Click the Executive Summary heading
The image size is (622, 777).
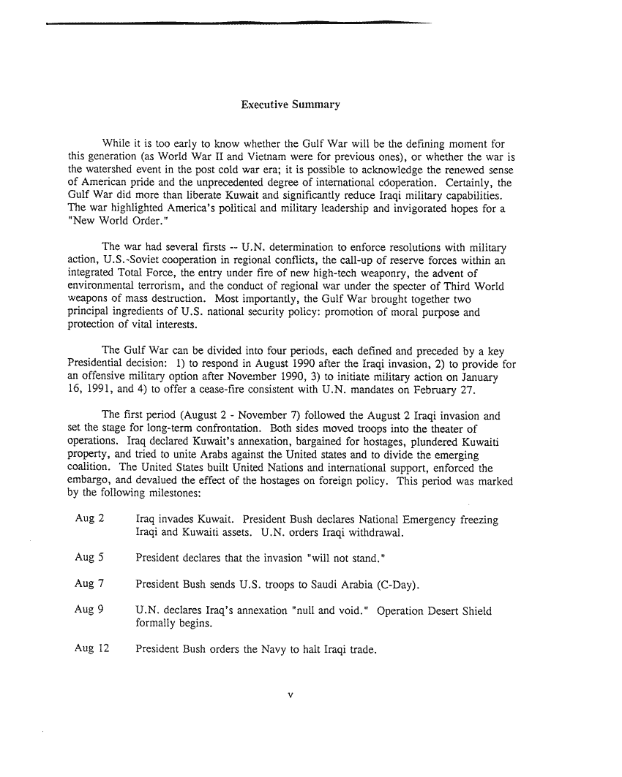tap(291, 105)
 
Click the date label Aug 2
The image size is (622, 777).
tap(89, 520)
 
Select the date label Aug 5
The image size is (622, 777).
tap(89, 558)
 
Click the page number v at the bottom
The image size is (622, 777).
tap(291, 694)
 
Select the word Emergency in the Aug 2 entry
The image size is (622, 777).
tap(431, 520)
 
